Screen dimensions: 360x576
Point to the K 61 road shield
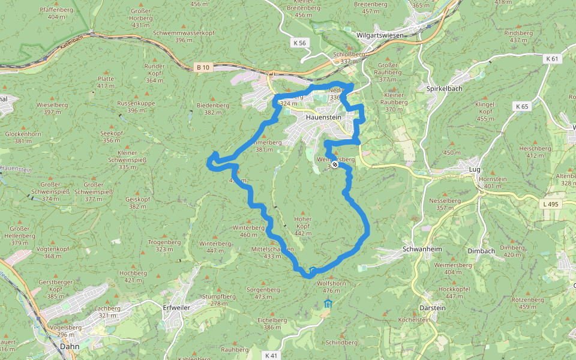point(552,59)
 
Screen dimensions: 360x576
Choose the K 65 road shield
point(522,106)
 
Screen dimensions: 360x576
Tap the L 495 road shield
point(551,205)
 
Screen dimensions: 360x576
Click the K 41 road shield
point(271,355)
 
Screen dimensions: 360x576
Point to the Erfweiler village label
point(178,308)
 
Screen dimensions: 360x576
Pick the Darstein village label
point(433,308)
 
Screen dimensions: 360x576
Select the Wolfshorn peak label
point(332,283)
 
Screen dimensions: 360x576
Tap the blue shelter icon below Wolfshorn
point(328,304)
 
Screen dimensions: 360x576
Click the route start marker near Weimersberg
point(334,164)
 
